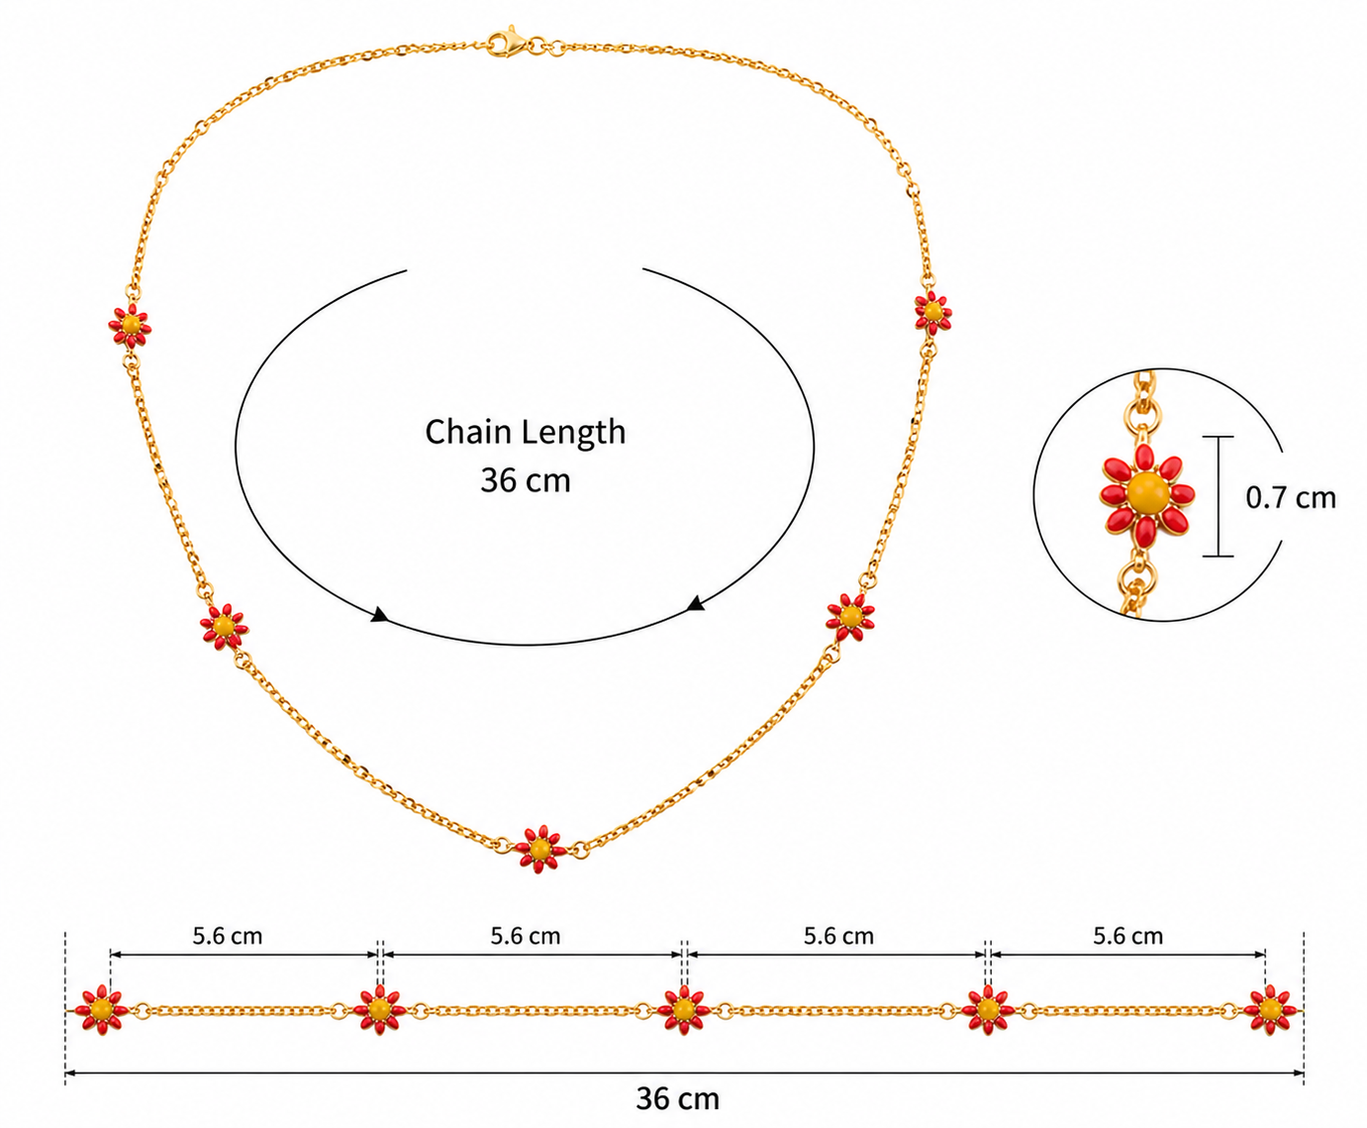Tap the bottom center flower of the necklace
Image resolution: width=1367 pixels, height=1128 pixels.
click(x=540, y=849)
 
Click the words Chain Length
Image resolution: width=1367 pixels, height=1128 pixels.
click(x=525, y=433)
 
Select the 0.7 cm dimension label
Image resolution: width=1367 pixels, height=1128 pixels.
click(x=1291, y=498)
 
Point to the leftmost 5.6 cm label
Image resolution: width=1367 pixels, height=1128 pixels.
click(x=228, y=936)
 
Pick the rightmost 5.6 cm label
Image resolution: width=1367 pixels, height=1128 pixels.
click(x=1128, y=936)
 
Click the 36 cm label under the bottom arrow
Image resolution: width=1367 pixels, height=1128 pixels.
click(x=678, y=1098)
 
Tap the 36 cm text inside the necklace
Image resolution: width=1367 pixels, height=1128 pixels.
click(x=525, y=480)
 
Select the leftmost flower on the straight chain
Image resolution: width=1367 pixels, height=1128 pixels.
click(x=100, y=1009)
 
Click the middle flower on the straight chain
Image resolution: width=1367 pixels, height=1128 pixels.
click(x=683, y=1009)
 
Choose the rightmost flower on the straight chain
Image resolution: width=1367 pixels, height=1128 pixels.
click(x=1270, y=1009)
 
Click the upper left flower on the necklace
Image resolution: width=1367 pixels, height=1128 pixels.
click(x=131, y=325)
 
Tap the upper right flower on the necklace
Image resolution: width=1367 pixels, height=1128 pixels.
click(x=932, y=312)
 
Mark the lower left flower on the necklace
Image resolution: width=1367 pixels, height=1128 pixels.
click(x=224, y=626)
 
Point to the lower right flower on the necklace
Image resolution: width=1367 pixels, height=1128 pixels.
click(x=850, y=616)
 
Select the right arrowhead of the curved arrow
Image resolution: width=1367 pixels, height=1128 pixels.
click(x=695, y=603)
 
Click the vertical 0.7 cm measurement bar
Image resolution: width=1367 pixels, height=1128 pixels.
click(x=1219, y=496)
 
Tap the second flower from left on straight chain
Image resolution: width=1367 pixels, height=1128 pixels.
click(x=379, y=1009)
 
